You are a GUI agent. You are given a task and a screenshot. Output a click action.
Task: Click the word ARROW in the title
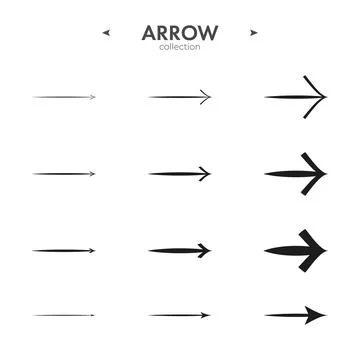(x=179, y=32)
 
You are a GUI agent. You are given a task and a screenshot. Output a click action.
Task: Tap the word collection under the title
(x=179, y=47)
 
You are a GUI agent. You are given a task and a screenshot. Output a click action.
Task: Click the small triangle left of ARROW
(x=106, y=32)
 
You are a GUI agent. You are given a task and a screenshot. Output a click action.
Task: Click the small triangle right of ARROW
(x=254, y=32)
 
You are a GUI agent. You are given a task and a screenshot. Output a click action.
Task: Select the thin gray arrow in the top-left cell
(x=64, y=97)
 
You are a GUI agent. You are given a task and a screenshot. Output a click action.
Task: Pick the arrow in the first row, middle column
(x=180, y=97)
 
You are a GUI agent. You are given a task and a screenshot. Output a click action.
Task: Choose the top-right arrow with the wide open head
(x=296, y=97)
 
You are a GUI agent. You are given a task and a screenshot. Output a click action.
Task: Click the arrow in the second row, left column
(x=64, y=174)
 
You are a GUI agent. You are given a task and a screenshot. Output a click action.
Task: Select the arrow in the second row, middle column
(x=180, y=174)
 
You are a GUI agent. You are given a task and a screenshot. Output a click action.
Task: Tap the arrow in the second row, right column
(x=296, y=174)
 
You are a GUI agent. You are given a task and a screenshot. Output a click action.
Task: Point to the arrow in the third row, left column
(x=64, y=250)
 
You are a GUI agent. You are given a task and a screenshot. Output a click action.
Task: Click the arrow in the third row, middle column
(x=180, y=250)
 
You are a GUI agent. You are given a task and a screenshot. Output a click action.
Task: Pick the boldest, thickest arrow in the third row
(x=296, y=250)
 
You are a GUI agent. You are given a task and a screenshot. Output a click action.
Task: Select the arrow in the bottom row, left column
(x=64, y=315)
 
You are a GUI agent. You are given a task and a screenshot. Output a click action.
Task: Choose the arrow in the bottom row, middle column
(x=180, y=315)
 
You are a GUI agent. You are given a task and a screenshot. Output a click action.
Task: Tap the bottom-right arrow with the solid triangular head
(x=296, y=315)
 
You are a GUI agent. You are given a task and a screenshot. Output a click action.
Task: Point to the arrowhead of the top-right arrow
(x=319, y=97)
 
